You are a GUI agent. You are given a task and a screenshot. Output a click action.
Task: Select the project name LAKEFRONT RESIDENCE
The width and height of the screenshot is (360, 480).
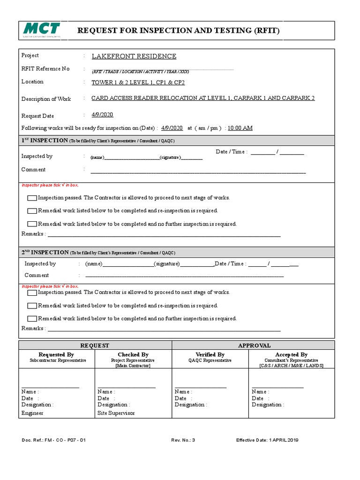(x=134, y=56)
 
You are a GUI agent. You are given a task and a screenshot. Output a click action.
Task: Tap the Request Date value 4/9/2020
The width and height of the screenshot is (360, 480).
(x=102, y=115)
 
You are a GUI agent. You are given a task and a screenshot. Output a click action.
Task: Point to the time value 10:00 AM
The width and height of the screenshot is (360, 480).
(x=240, y=128)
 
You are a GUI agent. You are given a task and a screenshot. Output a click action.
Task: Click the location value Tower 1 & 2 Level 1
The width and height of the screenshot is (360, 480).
(x=138, y=82)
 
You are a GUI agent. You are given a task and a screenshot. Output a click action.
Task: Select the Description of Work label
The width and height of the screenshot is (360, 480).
(x=46, y=99)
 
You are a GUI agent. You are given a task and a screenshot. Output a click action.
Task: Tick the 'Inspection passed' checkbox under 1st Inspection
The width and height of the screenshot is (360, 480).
(x=32, y=198)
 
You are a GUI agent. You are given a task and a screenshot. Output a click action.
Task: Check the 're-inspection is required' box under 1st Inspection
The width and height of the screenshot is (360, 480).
(x=32, y=211)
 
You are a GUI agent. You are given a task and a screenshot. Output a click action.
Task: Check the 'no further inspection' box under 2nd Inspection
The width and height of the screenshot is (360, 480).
(x=32, y=319)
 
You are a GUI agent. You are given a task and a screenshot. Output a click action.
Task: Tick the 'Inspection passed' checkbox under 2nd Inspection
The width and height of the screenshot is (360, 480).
(x=32, y=293)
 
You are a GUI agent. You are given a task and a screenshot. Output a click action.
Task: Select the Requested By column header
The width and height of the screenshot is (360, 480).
(x=56, y=355)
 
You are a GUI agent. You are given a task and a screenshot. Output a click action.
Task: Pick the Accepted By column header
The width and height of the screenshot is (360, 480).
(x=291, y=355)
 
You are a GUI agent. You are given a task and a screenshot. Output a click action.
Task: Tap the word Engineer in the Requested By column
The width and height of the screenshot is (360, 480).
(x=32, y=413)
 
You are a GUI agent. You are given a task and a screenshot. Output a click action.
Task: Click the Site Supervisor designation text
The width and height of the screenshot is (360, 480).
(x=116, y=413)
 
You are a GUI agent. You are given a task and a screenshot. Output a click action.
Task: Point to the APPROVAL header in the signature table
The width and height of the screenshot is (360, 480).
(x=254, y=345)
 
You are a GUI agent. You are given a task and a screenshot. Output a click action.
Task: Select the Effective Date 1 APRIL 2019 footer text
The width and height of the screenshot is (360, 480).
(x=267, y=440)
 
